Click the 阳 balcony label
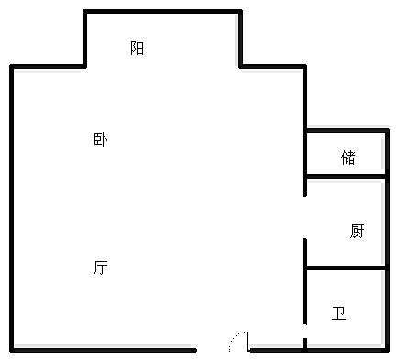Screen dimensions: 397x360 (x=138, y=49)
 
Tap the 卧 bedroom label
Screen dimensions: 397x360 (x=101, y=140)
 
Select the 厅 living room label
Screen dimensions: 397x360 (x=101, y=267)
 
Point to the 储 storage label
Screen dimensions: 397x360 (x=348, y=158)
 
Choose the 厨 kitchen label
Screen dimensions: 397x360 (x=357, y=231)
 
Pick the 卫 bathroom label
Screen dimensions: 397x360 (x=339, y=314)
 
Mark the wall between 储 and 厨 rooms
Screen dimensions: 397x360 (x=346, y=176)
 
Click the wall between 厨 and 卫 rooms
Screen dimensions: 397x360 (x=346, y=268)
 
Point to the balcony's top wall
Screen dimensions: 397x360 (x=162, y=12)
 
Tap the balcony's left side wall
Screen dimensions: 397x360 (x=85, y=38)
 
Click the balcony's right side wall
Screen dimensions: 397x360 (x=240, y=38)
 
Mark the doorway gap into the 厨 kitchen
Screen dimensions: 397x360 (x=305, y=218)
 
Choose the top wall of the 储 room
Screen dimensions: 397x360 (x=346, y=130)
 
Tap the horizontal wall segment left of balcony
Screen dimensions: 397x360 (x=48, y=67)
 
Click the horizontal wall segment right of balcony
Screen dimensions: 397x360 (x=272, y=67)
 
